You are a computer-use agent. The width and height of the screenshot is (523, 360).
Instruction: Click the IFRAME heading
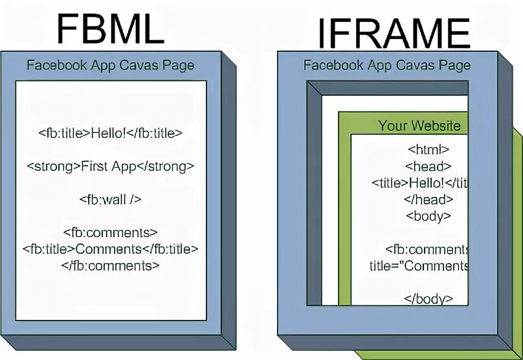point(393,33)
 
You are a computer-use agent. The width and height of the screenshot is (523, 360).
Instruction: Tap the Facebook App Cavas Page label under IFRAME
point(386,65)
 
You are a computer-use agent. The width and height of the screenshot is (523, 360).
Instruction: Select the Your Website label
point(419,126)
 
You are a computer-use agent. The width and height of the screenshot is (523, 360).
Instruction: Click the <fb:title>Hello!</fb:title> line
point(110,133)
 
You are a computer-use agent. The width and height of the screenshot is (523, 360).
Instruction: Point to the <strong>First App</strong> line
point(110,166)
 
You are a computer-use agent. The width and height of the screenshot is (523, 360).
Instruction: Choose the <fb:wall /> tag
point(110,199)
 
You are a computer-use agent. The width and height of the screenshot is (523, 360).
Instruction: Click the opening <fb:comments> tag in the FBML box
point(110,232)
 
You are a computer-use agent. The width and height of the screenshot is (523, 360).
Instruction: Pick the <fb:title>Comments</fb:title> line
point(110,249)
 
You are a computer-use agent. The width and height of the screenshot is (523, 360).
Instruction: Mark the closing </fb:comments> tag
point(110,265)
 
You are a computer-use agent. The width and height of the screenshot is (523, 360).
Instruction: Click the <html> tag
point(428,150)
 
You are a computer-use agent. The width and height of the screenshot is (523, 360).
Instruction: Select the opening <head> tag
point(428,166)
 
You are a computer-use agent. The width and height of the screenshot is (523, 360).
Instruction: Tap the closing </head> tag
point(428,199)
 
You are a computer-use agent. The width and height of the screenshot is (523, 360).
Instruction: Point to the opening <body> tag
point(428,216)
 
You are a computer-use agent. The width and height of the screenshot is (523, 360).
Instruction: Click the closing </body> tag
point(428,298)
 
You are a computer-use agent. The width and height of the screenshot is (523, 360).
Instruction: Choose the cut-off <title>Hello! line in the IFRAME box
point(419,183)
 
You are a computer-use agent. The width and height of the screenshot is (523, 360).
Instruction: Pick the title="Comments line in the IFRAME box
point(419,265)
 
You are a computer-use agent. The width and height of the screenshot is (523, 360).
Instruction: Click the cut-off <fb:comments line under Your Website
point(427,249)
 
